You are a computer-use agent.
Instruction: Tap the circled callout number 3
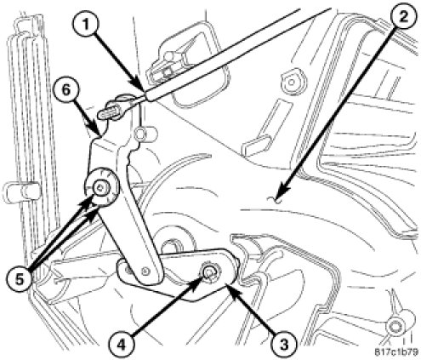(x=283, y=344)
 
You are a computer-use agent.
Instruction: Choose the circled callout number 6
(x=65, y=91)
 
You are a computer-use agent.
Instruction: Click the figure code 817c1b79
(x=396, y=352)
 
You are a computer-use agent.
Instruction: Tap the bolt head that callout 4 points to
(x=208, y=272)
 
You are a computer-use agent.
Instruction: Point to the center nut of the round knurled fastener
(x=100, y=187)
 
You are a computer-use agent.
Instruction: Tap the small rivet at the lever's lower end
(x=146, y=271)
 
